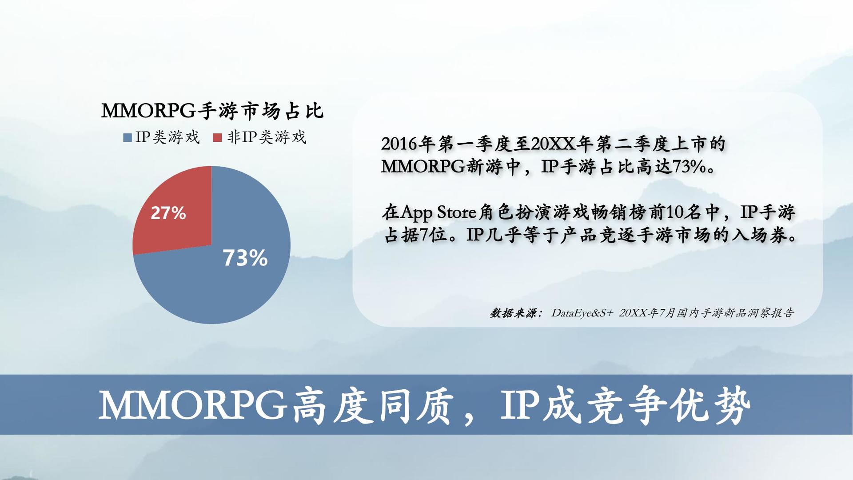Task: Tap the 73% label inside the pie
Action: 245,258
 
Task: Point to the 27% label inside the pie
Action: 168,213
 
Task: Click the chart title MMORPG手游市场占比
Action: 212,111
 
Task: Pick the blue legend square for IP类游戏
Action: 128,138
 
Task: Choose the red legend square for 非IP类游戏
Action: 217,138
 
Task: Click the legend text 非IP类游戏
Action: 267,137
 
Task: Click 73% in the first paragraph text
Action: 688,167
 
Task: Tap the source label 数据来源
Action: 513,313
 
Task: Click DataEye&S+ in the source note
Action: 582,313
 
